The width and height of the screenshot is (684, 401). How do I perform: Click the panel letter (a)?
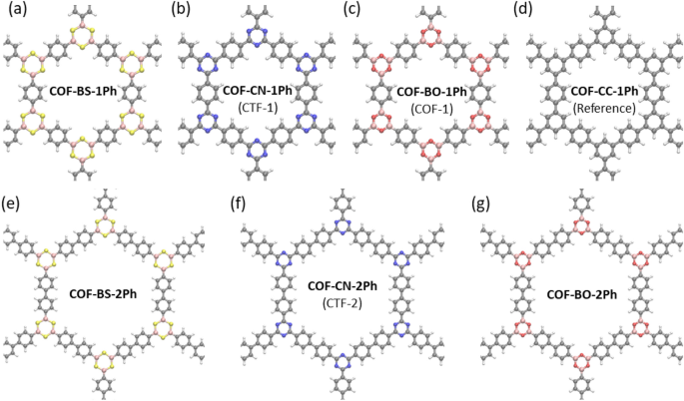[13, 11]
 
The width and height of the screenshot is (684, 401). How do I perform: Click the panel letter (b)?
[182, 11]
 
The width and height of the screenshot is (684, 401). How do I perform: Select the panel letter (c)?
[351, 11]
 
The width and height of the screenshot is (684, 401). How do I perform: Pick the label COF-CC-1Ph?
[597, 91]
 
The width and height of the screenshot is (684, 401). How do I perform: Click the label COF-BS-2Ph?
[111, 294]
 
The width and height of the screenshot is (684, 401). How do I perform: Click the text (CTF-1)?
[257, 106]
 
